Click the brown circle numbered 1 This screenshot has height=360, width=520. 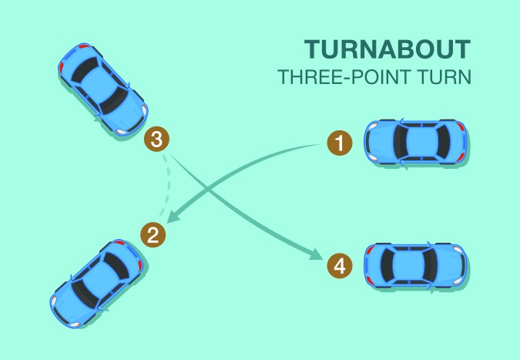(338, 143)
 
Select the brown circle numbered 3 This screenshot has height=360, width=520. (156, 140)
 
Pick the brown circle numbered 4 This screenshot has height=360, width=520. (339, 267)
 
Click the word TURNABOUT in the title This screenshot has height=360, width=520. (387, 50)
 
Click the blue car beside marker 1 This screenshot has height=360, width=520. (416, 141)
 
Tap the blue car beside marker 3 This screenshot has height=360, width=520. (102, 88)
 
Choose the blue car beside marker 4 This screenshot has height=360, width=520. (416, 266)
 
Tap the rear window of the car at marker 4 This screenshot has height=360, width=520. (387, 266)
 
